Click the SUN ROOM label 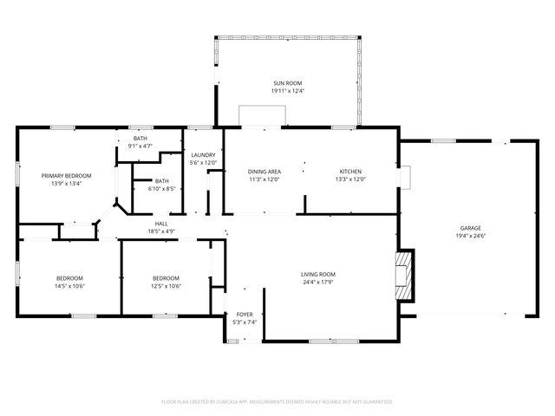(287, 82)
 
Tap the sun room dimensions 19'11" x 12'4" (287, 91)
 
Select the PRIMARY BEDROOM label (71, 175)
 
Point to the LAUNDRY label (203, 155)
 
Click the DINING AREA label (264, 172)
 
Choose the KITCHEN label (350, 172)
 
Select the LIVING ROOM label (318, 274)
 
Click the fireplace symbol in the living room (404, 274)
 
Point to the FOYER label (245, 315)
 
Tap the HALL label (161, 224)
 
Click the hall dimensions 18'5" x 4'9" (161, 231)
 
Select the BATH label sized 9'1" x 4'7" (140, 139)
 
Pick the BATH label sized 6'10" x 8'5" (162, 180)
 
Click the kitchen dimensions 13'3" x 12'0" (350, 179)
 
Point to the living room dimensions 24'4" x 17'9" (318, 282)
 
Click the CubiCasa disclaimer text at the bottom (277, 401)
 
